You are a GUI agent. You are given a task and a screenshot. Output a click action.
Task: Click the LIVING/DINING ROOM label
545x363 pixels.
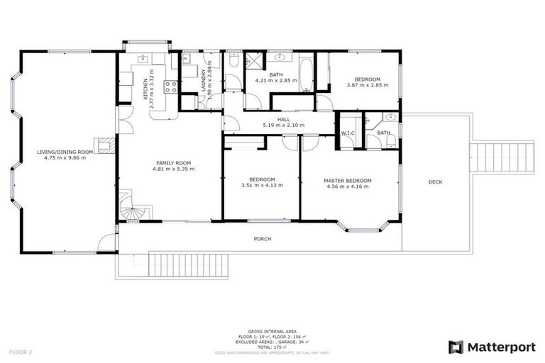pyautogui.click(x=65, y=151)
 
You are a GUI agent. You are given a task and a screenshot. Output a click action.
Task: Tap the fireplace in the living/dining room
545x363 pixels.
pyautogui.click(x=106, y=145)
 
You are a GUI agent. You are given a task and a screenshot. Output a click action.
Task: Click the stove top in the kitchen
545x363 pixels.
pyautogui.click(x=170, y=87)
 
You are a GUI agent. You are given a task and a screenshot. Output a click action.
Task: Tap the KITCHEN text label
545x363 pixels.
pyautogui.click(x=145, y=88)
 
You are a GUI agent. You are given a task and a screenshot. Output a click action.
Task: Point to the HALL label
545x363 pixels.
pyautogui.click(x=283, y=119)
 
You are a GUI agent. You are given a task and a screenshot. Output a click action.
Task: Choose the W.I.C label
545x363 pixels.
pyautogui.click(x=348, y=133)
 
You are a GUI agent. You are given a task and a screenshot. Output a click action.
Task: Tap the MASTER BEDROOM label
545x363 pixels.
pyautogui.click(x=348, y=181)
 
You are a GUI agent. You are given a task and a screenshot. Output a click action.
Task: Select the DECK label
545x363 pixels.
pyautogui.click(x=435, y=182)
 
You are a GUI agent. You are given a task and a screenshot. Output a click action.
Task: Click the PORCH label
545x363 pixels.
pyautogui.click(x=263, y=239)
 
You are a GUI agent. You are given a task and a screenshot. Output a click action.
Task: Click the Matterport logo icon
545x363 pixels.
pyautogui.click(x=456, y=347)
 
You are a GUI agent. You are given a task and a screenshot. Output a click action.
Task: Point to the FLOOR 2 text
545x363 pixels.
pyautogui.click(x=21, y=352)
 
